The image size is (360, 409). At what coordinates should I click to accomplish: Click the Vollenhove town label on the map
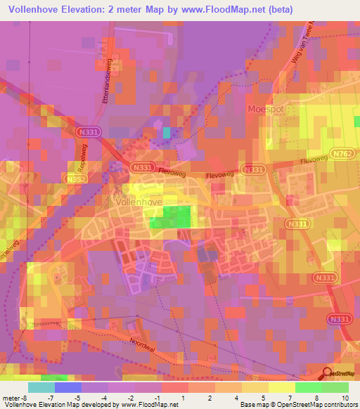coord(134,202)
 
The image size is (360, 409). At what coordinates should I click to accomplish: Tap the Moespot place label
coord(265,109)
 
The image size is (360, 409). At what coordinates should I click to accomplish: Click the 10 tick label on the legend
coord(345,398)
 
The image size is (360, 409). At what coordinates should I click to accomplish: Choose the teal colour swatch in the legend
coord(41,387)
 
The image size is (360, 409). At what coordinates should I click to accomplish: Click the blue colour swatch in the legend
coord(68,387)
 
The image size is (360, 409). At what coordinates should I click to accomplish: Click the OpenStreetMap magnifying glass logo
coord(326,375)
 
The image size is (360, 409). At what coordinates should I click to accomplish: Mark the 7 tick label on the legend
coord(290,398)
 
